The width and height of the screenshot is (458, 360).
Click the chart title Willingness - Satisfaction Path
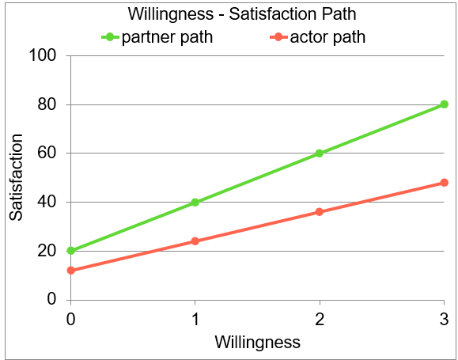(229, 14)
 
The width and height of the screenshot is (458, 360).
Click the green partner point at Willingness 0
(71, 251)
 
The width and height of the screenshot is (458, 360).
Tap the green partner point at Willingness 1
(195, 203)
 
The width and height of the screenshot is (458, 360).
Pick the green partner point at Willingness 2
(320, 153)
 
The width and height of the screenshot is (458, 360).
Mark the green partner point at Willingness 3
(444, 104)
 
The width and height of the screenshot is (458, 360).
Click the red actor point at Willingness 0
(71, 271)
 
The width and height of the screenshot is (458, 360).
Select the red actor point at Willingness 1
(195, 241)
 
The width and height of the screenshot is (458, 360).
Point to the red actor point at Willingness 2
(320, 212)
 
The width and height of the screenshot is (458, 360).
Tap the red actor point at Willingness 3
(444, 183)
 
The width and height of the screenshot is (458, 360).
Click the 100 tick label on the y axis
(44, 56)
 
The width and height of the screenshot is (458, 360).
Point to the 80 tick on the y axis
(48, 105)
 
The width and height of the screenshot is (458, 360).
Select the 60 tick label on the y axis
(48, 153)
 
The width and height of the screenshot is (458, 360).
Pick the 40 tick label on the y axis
(48, 203)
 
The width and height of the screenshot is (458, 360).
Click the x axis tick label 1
(195, 317)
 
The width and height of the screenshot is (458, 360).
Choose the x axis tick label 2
(320, 317)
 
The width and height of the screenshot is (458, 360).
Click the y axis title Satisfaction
(16, 177)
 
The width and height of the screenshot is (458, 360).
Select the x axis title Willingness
(258, 343)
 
